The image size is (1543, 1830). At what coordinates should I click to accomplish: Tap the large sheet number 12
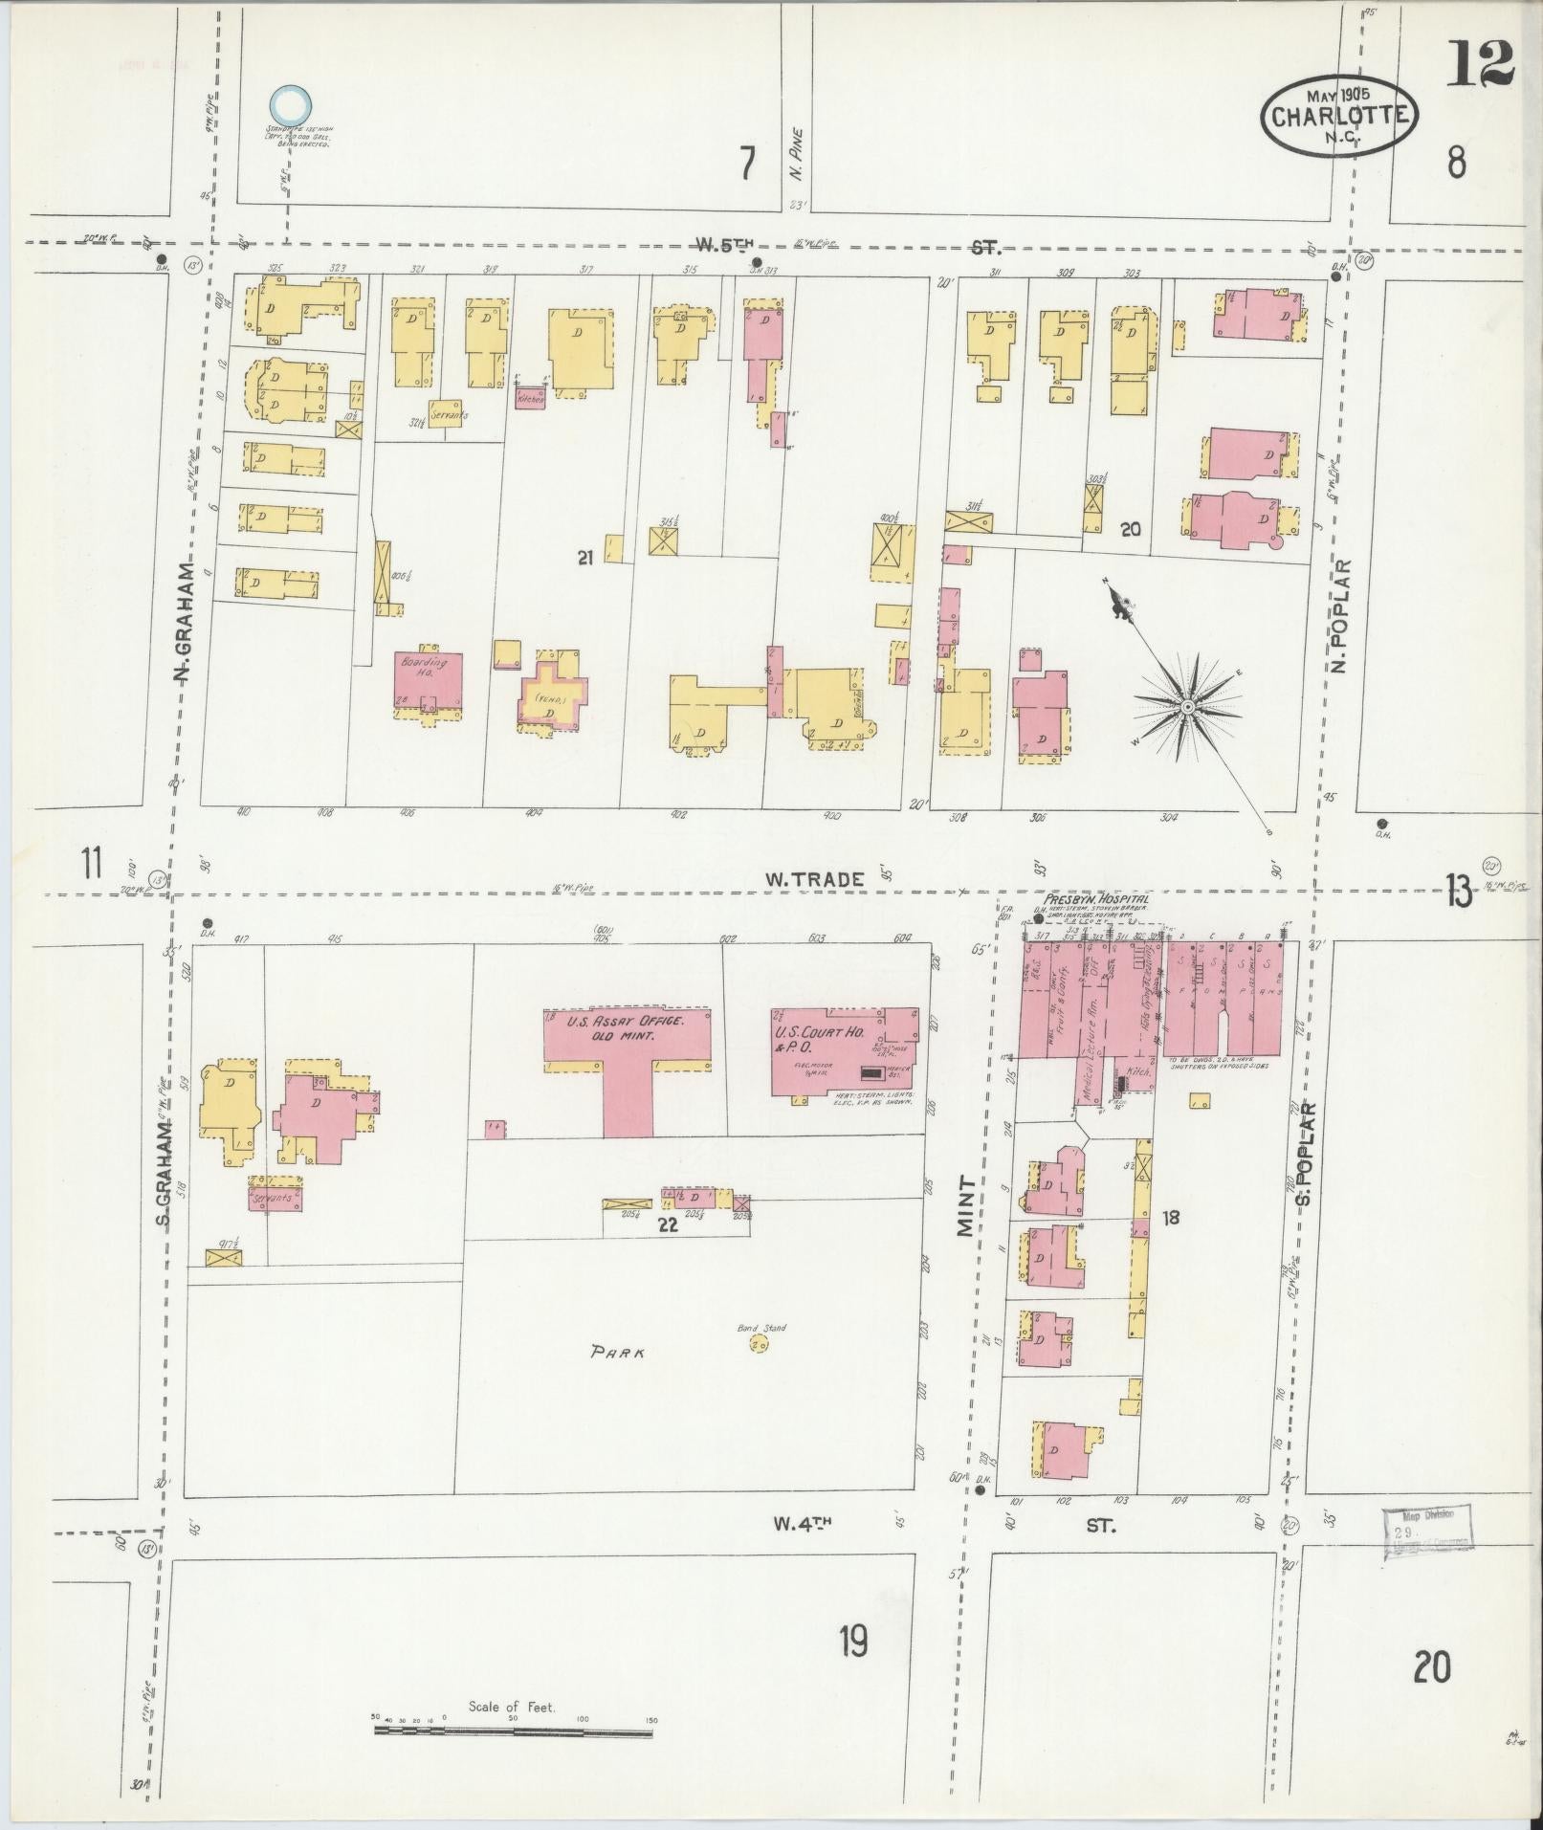pos(1479,64)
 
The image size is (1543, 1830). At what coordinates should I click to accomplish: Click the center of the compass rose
pos(1187,706)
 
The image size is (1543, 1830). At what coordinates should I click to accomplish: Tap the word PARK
pos(617,1353)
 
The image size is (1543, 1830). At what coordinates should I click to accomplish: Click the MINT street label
pos(966,1207)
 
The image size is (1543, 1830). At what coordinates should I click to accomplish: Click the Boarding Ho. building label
pos(418,667)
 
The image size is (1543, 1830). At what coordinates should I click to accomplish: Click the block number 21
pos(585,557)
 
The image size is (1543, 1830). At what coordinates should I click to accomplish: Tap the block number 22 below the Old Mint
pos(668,1224)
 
